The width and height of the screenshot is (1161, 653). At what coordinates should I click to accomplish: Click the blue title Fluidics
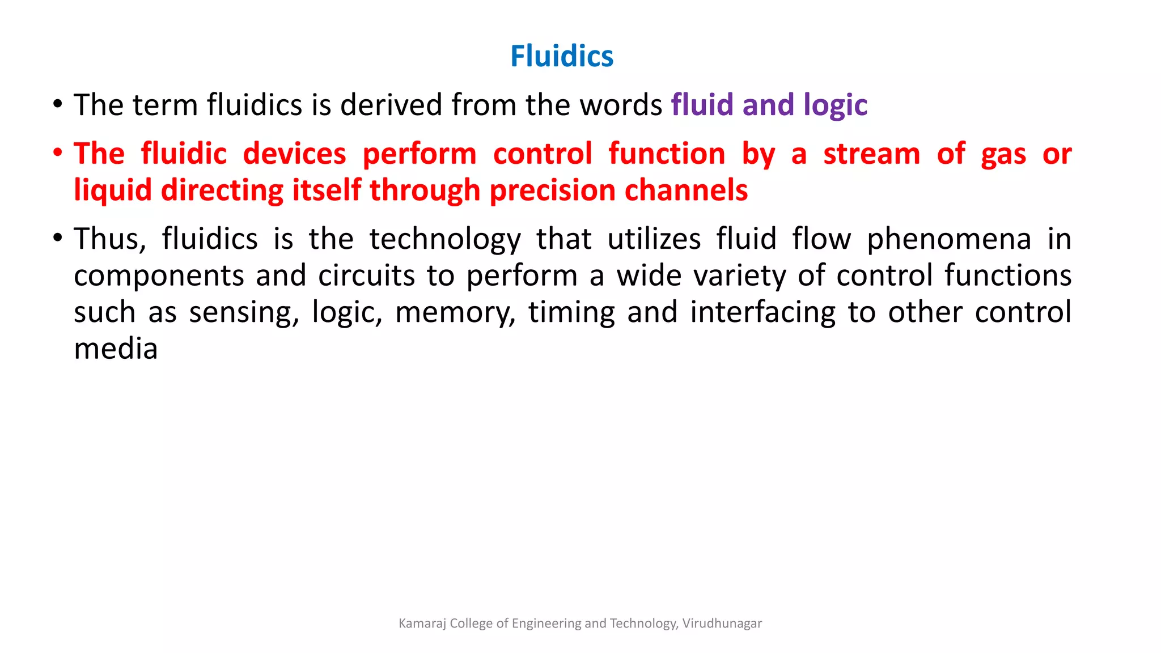[561, 56]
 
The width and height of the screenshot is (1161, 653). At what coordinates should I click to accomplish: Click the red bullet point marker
[57, 153]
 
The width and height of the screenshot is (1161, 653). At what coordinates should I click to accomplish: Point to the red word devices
[294, 154]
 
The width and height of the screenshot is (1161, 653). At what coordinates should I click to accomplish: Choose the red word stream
[871, 154]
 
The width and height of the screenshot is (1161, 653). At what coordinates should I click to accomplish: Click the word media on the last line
[116, 349]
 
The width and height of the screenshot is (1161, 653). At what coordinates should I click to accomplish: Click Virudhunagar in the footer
[722, 624]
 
